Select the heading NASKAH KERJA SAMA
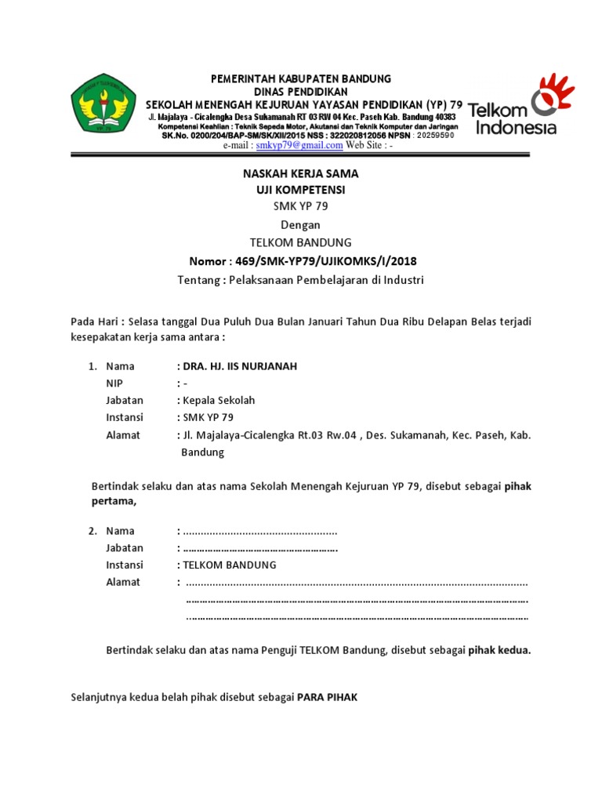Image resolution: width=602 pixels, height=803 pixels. pyautogui.click(x=300, y=174)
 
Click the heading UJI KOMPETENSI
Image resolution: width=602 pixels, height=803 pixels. pyautogui.click(x=300, y=191)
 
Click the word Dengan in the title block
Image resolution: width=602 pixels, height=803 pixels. pyautogui.click(x=300, y=225)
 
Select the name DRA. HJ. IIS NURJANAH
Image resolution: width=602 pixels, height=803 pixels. pyautogui.click(x=239, y=366)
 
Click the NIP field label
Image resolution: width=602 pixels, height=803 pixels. pyautogui.click(x=114, y=383)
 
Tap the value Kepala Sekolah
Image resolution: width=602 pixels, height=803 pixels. pyautogui.click(x=219, y=401)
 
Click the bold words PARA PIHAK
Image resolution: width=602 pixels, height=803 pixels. pyautogui.click(x=327, y=697)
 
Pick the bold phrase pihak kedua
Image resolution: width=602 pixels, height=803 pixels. pyautogui.click(x=499, y=650)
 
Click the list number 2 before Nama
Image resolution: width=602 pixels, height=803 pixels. pyautogui.click(x=92, y=531)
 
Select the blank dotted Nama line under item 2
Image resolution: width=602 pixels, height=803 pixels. pyautogui.click(x=259, y=532)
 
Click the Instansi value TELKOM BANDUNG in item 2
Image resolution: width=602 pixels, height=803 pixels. pyautogui.click(x=229, y=565)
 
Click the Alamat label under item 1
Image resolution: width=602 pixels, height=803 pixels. pyautogui.click(x=123, y=435)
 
